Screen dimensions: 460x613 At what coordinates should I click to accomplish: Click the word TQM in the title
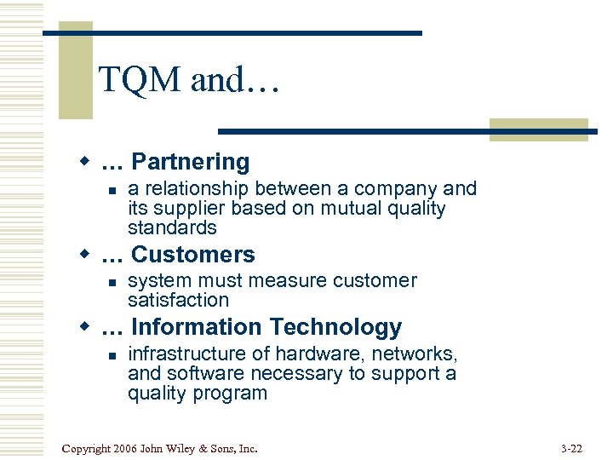tap(140, 81)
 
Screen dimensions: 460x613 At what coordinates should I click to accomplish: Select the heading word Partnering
tap(191, 162)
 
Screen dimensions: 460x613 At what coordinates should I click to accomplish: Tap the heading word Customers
tap(193, 255)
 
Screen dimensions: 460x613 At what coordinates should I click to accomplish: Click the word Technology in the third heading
tap(335, 327)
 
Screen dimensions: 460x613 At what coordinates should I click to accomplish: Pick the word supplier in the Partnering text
tap(179, 209)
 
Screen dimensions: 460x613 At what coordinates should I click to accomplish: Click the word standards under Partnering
tap(172, 228)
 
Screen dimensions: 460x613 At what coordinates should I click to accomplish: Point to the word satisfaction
tap(178, 301)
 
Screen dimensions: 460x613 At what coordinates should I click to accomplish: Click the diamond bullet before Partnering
tap(84, 162)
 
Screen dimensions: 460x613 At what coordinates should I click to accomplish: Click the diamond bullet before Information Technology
tap(84, 327)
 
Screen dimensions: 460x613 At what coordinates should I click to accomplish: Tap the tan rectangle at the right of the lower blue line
tap(538, 129)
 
